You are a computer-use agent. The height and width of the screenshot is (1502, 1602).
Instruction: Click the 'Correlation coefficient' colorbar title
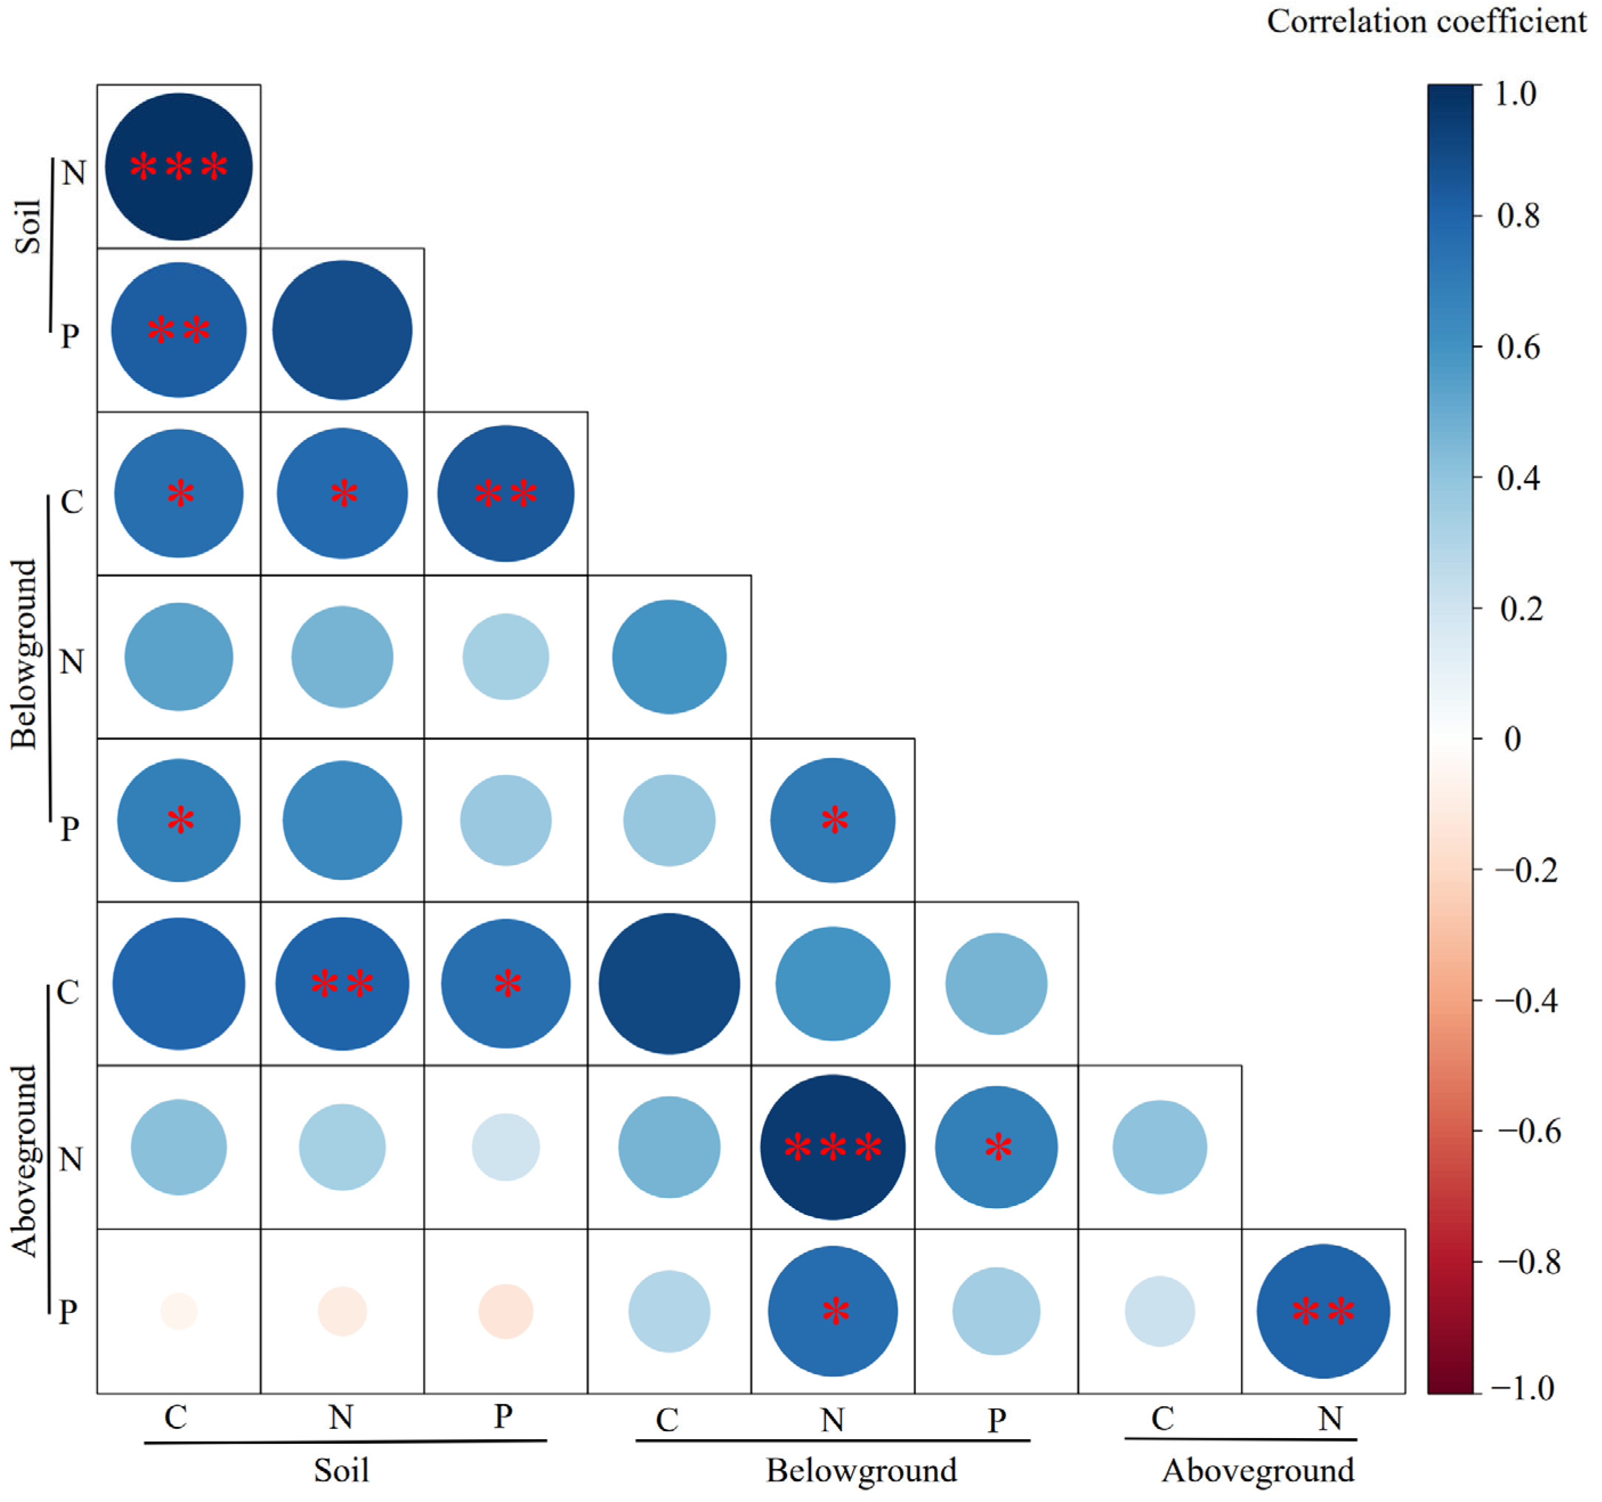[1426, 22]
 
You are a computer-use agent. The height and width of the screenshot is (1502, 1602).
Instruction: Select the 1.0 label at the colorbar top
[1516, 94]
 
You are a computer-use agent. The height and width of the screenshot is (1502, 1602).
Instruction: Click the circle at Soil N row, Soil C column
[179, 167]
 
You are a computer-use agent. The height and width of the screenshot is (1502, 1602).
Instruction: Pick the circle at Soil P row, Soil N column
[342, 330]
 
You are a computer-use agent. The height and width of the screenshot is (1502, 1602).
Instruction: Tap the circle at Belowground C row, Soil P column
[506, 493]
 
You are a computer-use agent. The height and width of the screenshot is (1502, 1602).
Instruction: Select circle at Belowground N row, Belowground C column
[669, 657]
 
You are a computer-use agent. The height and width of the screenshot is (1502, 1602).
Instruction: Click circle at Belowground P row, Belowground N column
[833, 820]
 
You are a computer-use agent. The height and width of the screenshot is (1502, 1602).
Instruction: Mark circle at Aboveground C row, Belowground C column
[669, 984]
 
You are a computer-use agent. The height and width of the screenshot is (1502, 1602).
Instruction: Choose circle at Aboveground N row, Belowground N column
[833, 1148]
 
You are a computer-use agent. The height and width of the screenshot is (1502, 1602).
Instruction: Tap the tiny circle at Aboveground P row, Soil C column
[179, 1312]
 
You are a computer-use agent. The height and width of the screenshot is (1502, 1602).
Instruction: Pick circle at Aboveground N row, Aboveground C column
[1160, 1148]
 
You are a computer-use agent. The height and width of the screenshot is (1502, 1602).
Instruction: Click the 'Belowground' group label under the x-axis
[861, 1471]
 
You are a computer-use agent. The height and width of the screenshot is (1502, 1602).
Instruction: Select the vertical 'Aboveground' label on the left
[25, 1161]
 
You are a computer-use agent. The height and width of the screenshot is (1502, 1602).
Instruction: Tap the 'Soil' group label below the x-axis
[342, 1471]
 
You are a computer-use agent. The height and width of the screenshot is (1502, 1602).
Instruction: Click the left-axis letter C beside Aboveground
[68, 994]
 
